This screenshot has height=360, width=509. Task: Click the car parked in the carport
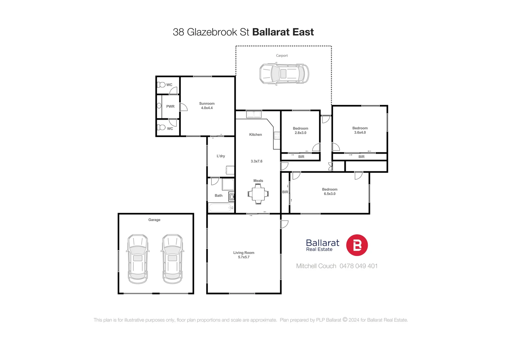tap(284, 74)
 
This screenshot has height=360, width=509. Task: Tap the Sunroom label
tap(207, 104)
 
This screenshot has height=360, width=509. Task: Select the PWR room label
tap(170, 107)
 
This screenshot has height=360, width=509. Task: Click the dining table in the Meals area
tap(258, 194)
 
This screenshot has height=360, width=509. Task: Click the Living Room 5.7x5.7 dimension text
tap(244, 257)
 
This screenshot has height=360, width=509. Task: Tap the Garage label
tap(154, 220)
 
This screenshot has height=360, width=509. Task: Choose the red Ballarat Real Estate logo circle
tap(357, 245)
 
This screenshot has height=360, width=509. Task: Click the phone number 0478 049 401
tap(358, 266)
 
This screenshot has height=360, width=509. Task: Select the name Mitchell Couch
tap(316, 266)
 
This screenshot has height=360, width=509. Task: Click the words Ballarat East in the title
tap(283, 32)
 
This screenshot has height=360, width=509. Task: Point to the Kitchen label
tap(255, 135)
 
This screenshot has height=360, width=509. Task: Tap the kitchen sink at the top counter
tap(254, 115)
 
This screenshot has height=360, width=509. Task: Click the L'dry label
tap(221, 156)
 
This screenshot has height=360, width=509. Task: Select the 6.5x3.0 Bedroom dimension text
tap(329, 194)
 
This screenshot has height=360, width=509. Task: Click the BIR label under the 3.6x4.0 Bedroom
tap(361, 157)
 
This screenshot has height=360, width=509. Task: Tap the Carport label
tap(282, 56)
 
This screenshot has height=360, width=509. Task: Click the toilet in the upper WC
tap(161, 85)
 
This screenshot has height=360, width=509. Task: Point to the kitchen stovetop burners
tap(277, 135)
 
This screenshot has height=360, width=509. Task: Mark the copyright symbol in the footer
tap(345, 320)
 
